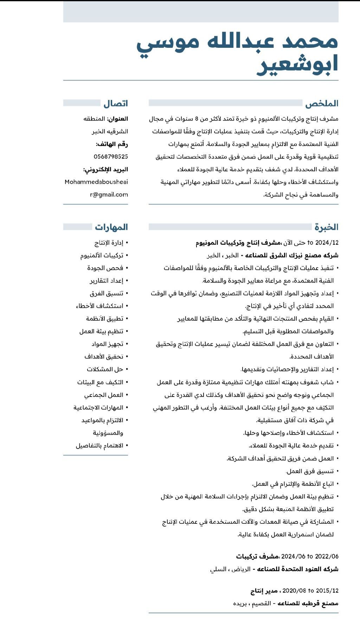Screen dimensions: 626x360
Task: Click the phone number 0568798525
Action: pyautogui.click(x=111, y=156)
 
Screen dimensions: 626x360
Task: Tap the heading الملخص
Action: pyautogui.click(x=322, y=104)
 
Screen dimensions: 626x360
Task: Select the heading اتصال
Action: pyautogui.click(x=116, y=104)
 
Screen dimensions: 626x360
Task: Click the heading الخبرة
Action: pyautogui.click(x=327, y=227)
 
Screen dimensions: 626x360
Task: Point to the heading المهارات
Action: pyautogui.click(x=111, y=227)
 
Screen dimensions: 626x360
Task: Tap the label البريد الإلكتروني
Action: pyautogui.click(x=105, y=169)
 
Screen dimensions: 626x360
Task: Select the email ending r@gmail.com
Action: pyautogui.click(x=109, y=194)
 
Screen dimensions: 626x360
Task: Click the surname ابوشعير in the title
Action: pyautogui.click(x=297, y=64)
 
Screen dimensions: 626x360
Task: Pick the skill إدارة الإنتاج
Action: pyautogui.click(x=109, y=243)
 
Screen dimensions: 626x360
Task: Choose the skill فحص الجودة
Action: pyautogui.click(x=105, y=268)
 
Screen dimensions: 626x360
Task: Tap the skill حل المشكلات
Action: pyautogui.click(x=105, y=369)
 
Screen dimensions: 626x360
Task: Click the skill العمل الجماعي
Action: pyautogui.click(x=104, y=395)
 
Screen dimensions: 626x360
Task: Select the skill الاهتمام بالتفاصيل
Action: pyautogui.click(x=99, y=446)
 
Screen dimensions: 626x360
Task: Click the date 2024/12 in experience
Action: pyautogui.click(x=327, y=243)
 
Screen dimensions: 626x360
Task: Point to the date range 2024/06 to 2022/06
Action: pyautogui.click(x=310, y=556)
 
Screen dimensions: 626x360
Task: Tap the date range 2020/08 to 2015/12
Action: pyautogui.click(x=310, y=591)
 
